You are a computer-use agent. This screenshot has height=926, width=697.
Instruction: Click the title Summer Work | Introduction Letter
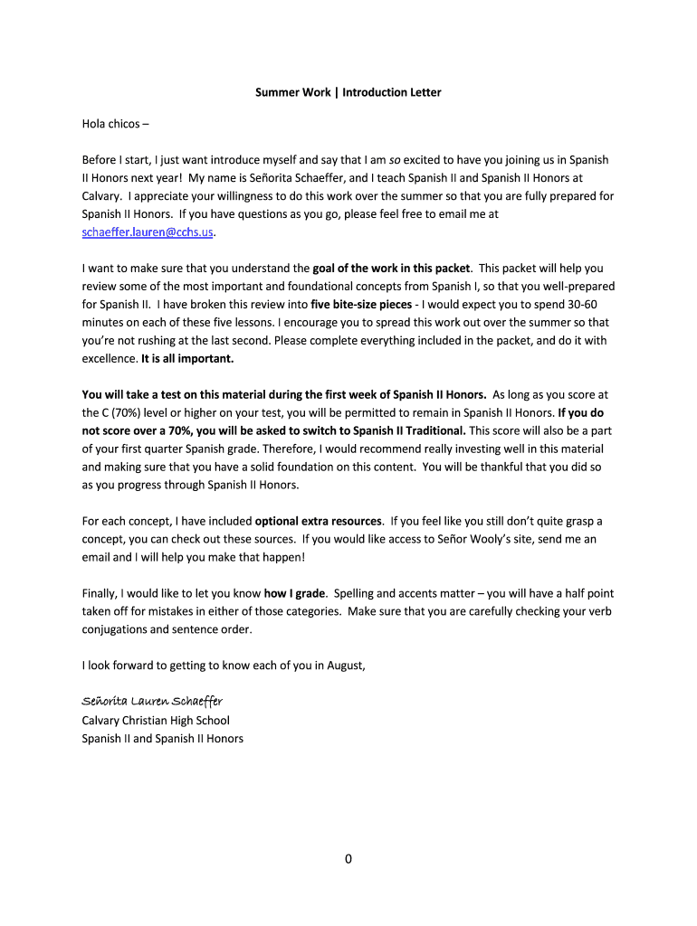[x=348, y=92]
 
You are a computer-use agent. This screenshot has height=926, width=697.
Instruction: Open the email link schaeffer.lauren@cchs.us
[x=148, y=232]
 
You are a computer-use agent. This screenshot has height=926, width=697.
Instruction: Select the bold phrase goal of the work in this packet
[x=391, y=269]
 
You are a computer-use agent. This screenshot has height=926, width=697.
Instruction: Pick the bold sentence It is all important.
[x=187, y=358]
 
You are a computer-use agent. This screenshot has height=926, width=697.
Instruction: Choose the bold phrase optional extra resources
[x=319, y=521]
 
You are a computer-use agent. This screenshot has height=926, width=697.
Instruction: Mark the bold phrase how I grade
[x=294, y=593]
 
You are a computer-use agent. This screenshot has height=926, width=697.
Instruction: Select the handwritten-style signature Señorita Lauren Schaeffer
[x=152, y=702]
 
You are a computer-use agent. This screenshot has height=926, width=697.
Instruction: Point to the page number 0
[x=348, y=859]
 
